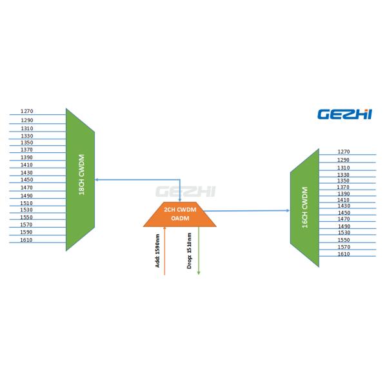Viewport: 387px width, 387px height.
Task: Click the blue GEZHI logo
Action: pos(344,114)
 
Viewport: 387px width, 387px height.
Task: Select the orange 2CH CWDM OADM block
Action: pos(180,214)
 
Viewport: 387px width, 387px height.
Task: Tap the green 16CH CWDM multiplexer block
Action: pos(304,206)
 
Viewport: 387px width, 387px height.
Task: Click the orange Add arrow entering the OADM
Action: pos(165,252)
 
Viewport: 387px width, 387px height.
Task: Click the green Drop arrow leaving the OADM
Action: pos(198,252)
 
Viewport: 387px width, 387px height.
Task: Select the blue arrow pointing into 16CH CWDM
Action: pos(252,210)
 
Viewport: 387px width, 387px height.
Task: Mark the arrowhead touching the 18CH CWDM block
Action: pos(97,179)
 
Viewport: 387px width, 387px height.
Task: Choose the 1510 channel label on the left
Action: pos(26,203)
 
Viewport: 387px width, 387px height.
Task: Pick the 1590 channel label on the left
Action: pos(26,232)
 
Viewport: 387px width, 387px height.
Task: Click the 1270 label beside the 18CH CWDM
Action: pos(26,112)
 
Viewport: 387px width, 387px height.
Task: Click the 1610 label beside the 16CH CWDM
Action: pos(344,254)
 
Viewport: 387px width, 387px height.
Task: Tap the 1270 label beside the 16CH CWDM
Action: pos(344,152)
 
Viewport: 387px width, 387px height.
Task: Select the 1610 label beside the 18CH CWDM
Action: pos(26,240)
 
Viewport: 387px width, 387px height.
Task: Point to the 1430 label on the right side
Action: pos(344,206)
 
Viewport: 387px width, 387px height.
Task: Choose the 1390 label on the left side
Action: pos(26,157)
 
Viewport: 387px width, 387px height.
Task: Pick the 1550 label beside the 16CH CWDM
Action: pos(344,240)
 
